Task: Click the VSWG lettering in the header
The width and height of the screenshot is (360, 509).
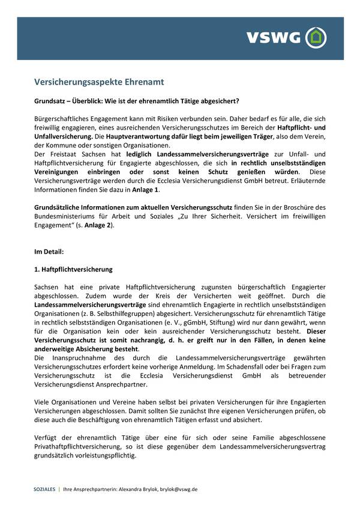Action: (272, 37)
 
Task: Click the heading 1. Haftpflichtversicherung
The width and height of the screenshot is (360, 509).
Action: (73, 270)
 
